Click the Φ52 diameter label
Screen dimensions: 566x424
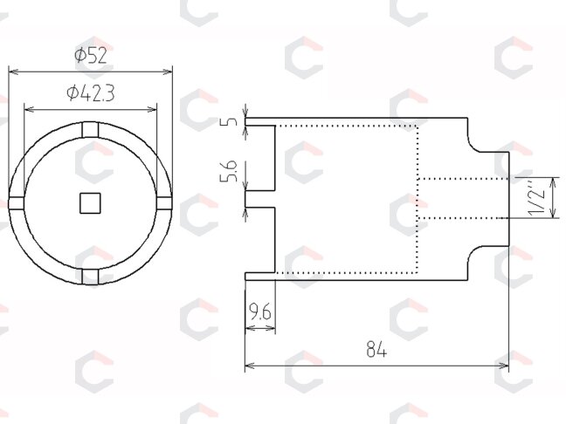[91, 56]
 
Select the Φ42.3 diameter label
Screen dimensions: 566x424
[91, 93]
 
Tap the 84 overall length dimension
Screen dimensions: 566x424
[376, 349]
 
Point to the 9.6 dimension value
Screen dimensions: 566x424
[260, 311]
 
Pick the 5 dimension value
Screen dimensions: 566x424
[231, 120]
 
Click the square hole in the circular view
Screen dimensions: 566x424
[90, 203]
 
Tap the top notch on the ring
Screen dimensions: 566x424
[90, 130]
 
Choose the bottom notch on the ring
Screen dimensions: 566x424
[90, 277]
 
